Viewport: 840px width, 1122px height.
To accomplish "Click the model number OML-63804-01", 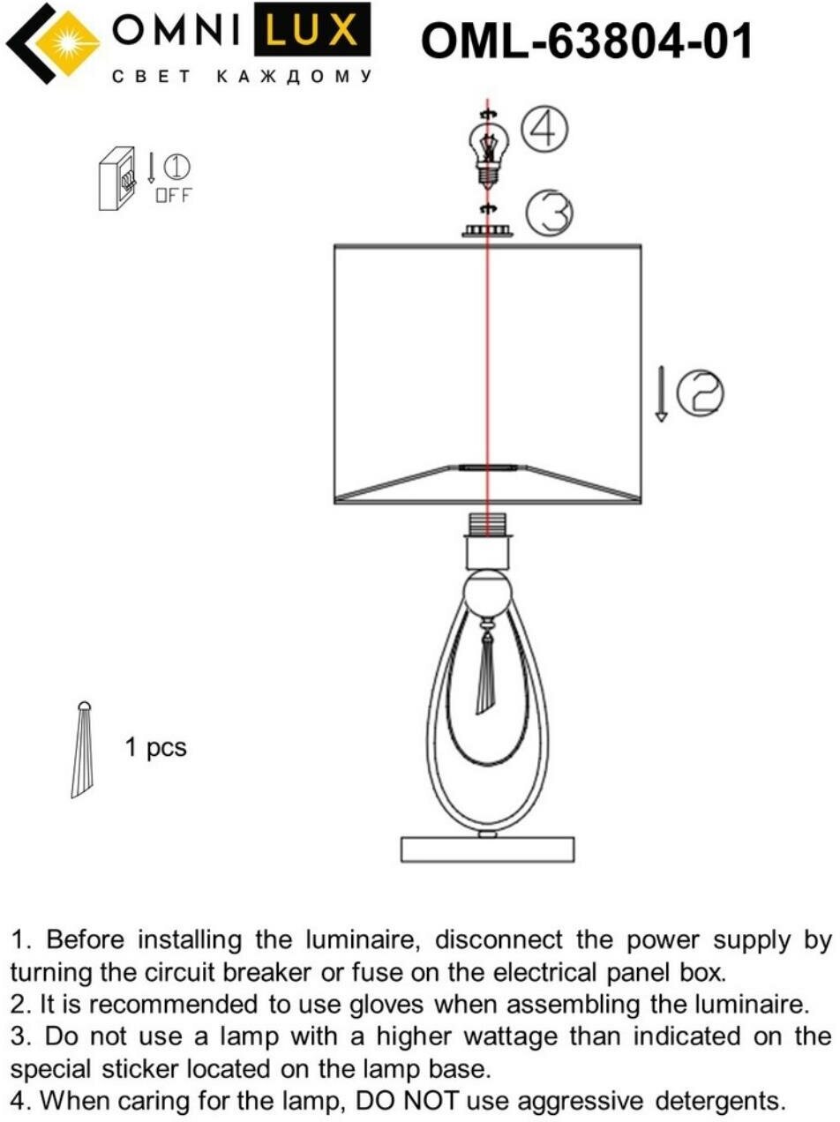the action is (x=587, y=41).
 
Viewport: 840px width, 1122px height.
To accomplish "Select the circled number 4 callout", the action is (x=544, y=130).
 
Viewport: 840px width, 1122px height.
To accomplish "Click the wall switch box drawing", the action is (x=116, y=178).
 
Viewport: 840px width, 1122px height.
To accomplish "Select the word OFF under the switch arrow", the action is (x=173, y=196).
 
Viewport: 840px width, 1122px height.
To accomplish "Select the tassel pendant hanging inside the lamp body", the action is (x=486, y=672).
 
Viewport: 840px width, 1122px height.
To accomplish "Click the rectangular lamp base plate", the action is (x=487, y=849).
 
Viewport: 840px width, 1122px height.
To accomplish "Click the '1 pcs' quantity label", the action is (x=155, y=748).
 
